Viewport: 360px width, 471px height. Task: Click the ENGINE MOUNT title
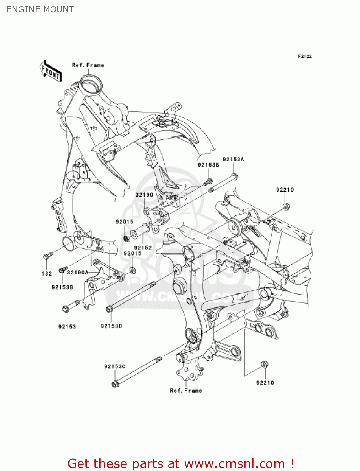[40, 9]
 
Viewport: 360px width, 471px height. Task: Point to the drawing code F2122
[305, 56]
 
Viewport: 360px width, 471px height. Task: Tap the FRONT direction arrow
[51, 71]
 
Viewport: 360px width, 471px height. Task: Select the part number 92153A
[233, 160]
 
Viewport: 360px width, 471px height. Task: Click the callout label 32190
[144, 195]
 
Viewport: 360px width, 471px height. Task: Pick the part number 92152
[143, 248]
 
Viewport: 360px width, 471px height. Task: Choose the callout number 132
[47, 274]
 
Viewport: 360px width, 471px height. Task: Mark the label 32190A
[78, 273]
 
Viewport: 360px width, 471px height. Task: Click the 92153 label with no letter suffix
[67, 327]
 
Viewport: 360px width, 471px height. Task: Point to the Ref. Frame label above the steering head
[88, 65]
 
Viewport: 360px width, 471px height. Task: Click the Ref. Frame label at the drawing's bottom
[186, 391]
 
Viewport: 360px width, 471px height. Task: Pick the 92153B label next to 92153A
[208, 165]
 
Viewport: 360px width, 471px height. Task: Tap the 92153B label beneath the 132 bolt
[62, 287]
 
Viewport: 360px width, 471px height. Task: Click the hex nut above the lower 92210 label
[265, 365]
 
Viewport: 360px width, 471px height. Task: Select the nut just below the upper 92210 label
[286, 206]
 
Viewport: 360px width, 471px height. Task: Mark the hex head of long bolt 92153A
[234, 176]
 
